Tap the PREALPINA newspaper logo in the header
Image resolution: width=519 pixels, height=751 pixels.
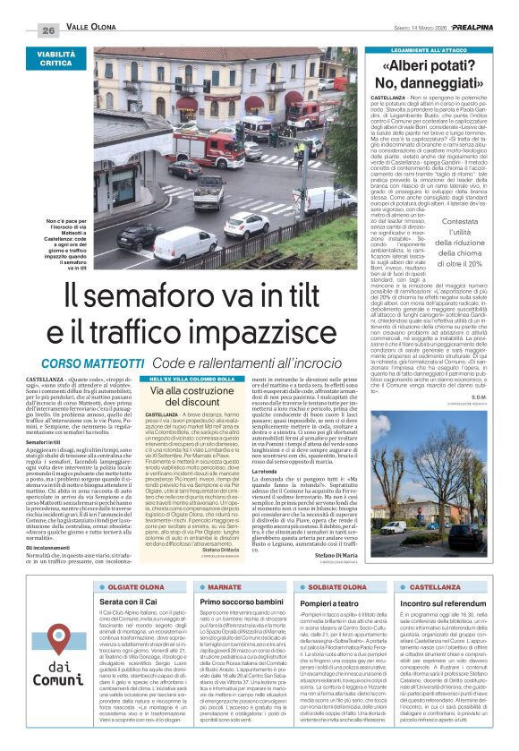[473, 30]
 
